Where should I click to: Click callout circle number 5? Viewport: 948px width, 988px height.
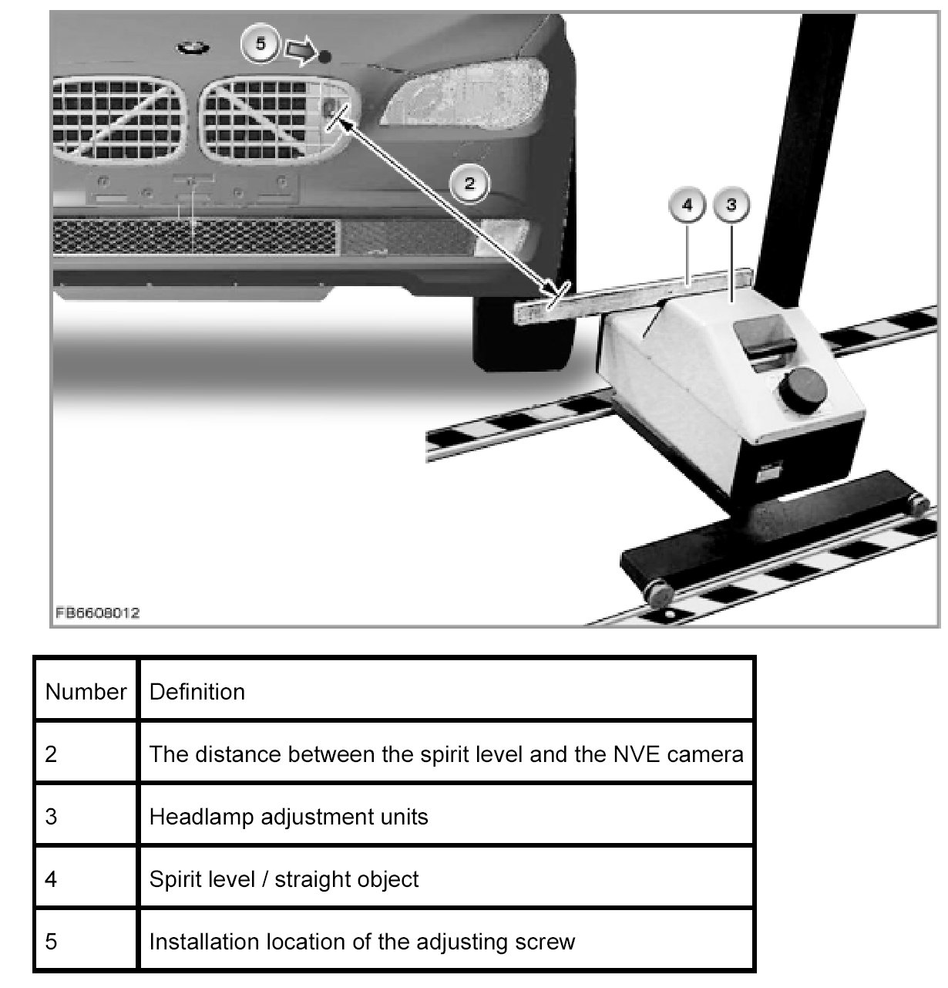point(261,45)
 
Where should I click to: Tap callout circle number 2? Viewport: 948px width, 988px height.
point(470,184)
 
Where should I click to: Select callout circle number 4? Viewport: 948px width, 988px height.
point(687,206)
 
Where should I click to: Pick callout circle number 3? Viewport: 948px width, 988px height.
point(732,206)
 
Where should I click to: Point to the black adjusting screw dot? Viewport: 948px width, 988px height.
point(324,56)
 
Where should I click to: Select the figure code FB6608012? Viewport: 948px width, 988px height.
point(97,613)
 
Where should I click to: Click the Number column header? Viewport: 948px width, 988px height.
point(86,691)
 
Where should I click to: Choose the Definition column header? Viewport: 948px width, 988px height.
point(197,691)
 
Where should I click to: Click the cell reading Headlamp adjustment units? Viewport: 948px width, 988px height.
point(288,816)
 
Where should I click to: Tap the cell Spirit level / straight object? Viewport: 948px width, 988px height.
point(284,878)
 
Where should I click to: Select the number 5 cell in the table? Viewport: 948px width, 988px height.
point(52,941)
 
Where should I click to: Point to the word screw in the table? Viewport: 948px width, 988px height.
point(546,941)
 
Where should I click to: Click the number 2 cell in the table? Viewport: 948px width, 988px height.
point(52,754)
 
